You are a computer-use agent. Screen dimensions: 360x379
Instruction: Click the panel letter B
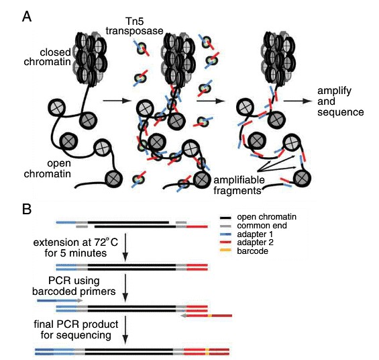tap(26, 209)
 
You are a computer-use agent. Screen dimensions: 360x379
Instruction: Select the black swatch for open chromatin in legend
tap(229, 218)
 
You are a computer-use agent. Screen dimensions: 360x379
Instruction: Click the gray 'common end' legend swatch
tap(229, 226)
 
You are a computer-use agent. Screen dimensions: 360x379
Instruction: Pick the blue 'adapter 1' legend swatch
tap(229, 234)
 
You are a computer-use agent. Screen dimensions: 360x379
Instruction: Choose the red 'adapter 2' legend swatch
tap(229, 243)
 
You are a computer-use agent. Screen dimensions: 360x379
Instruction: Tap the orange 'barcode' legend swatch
tap(229, 251)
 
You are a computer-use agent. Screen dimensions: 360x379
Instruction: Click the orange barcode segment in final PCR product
tap(207, 351)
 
